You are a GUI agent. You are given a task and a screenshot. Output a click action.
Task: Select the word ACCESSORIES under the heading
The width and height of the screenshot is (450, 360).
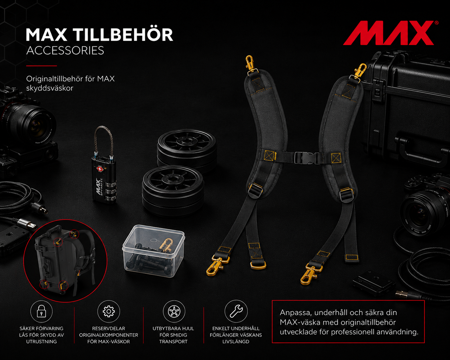point(65,50)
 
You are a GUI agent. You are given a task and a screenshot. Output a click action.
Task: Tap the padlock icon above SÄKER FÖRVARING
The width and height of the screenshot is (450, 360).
point(41,311)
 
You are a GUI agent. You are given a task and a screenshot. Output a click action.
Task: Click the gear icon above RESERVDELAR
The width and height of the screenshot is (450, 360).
point(109,312)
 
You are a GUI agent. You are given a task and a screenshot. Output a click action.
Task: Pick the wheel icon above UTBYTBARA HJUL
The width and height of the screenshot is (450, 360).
point(174,312)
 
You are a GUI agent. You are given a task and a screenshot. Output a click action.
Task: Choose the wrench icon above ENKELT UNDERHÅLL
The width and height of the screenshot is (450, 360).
point(236,312)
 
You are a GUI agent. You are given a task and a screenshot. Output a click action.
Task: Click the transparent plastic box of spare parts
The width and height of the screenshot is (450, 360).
point(154,251)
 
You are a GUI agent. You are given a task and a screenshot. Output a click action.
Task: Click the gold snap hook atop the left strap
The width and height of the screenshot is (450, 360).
point(251,65)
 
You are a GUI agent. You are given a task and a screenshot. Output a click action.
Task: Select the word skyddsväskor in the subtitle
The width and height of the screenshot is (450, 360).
point(50,88)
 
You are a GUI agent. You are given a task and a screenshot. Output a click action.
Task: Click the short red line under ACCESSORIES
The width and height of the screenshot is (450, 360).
point(41,66)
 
